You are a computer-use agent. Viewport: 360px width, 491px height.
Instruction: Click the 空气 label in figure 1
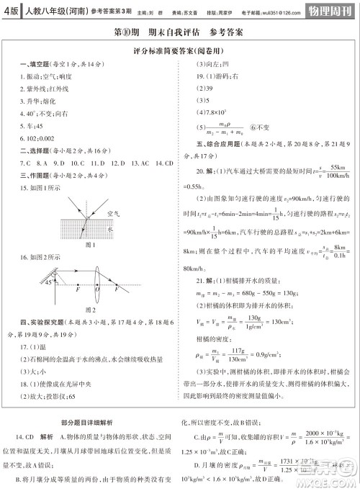(112, 214)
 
